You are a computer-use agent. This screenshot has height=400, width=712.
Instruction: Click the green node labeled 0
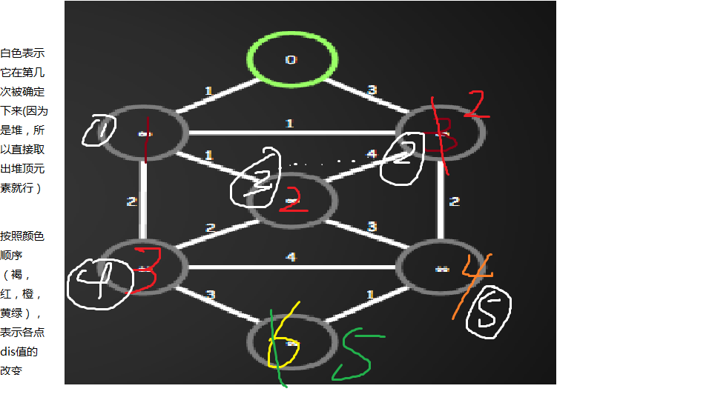click(292, 59)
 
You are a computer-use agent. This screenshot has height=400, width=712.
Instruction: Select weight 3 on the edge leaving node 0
click(372, 90)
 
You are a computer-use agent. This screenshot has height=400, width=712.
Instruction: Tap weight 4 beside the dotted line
click(371, 155)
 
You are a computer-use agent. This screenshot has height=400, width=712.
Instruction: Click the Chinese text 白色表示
click(22, 53)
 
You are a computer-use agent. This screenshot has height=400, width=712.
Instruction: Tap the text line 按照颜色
click(22, 236)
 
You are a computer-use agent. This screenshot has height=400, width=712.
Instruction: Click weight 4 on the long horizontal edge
click(291, 258)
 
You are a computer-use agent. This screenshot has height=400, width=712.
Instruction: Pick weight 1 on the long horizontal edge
click(289, 124)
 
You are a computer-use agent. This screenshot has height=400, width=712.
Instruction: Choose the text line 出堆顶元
click(22, 169)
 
